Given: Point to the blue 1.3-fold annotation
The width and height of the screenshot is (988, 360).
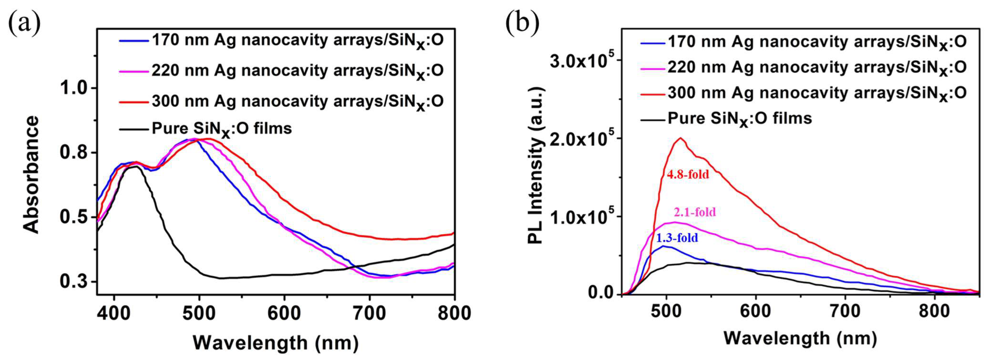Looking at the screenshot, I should point(677,238).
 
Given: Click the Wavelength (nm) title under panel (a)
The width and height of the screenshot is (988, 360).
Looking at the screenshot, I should point(275,342).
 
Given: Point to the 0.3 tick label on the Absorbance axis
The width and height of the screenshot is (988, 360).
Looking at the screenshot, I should point(74,282).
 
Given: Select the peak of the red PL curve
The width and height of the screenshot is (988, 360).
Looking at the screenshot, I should point(681,138).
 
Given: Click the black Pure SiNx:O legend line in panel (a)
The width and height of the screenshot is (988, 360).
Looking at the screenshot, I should point(134,129).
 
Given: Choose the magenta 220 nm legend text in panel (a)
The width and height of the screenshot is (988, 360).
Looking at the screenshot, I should point(297,71).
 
